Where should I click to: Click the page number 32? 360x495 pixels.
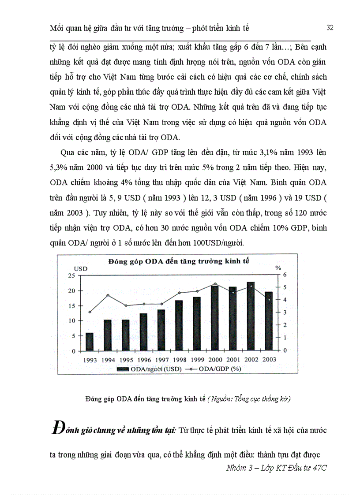coord(330,28)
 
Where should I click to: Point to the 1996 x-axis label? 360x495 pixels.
coord(143,360)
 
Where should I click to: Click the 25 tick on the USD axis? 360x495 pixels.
coord(71,275)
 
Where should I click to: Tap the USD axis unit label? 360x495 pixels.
coord(80,268)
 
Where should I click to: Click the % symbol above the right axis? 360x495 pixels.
coord(278,268)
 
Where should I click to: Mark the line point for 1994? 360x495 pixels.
coord(107,295)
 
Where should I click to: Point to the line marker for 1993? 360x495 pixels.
coord(90,312)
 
